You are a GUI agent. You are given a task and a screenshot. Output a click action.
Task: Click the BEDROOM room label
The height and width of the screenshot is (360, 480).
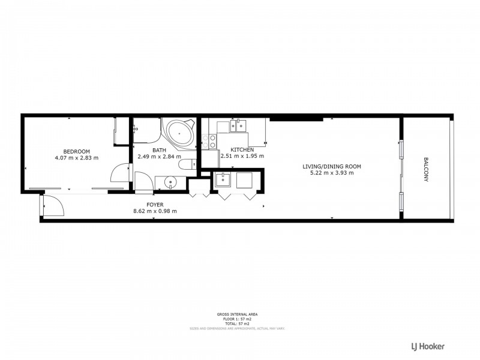point(76,151)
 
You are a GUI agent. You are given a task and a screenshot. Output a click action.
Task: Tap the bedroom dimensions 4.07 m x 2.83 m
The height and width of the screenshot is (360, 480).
point(76,157)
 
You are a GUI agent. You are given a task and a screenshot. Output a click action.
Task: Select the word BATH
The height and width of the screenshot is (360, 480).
point(159,150)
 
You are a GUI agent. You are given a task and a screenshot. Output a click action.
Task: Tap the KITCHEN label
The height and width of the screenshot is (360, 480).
point(242,150)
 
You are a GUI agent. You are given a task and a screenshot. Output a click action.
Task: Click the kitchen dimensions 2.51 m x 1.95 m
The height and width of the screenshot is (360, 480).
point(242,157)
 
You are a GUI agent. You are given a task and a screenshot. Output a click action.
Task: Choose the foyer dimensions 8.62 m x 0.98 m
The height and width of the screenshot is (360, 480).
point(155,211)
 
